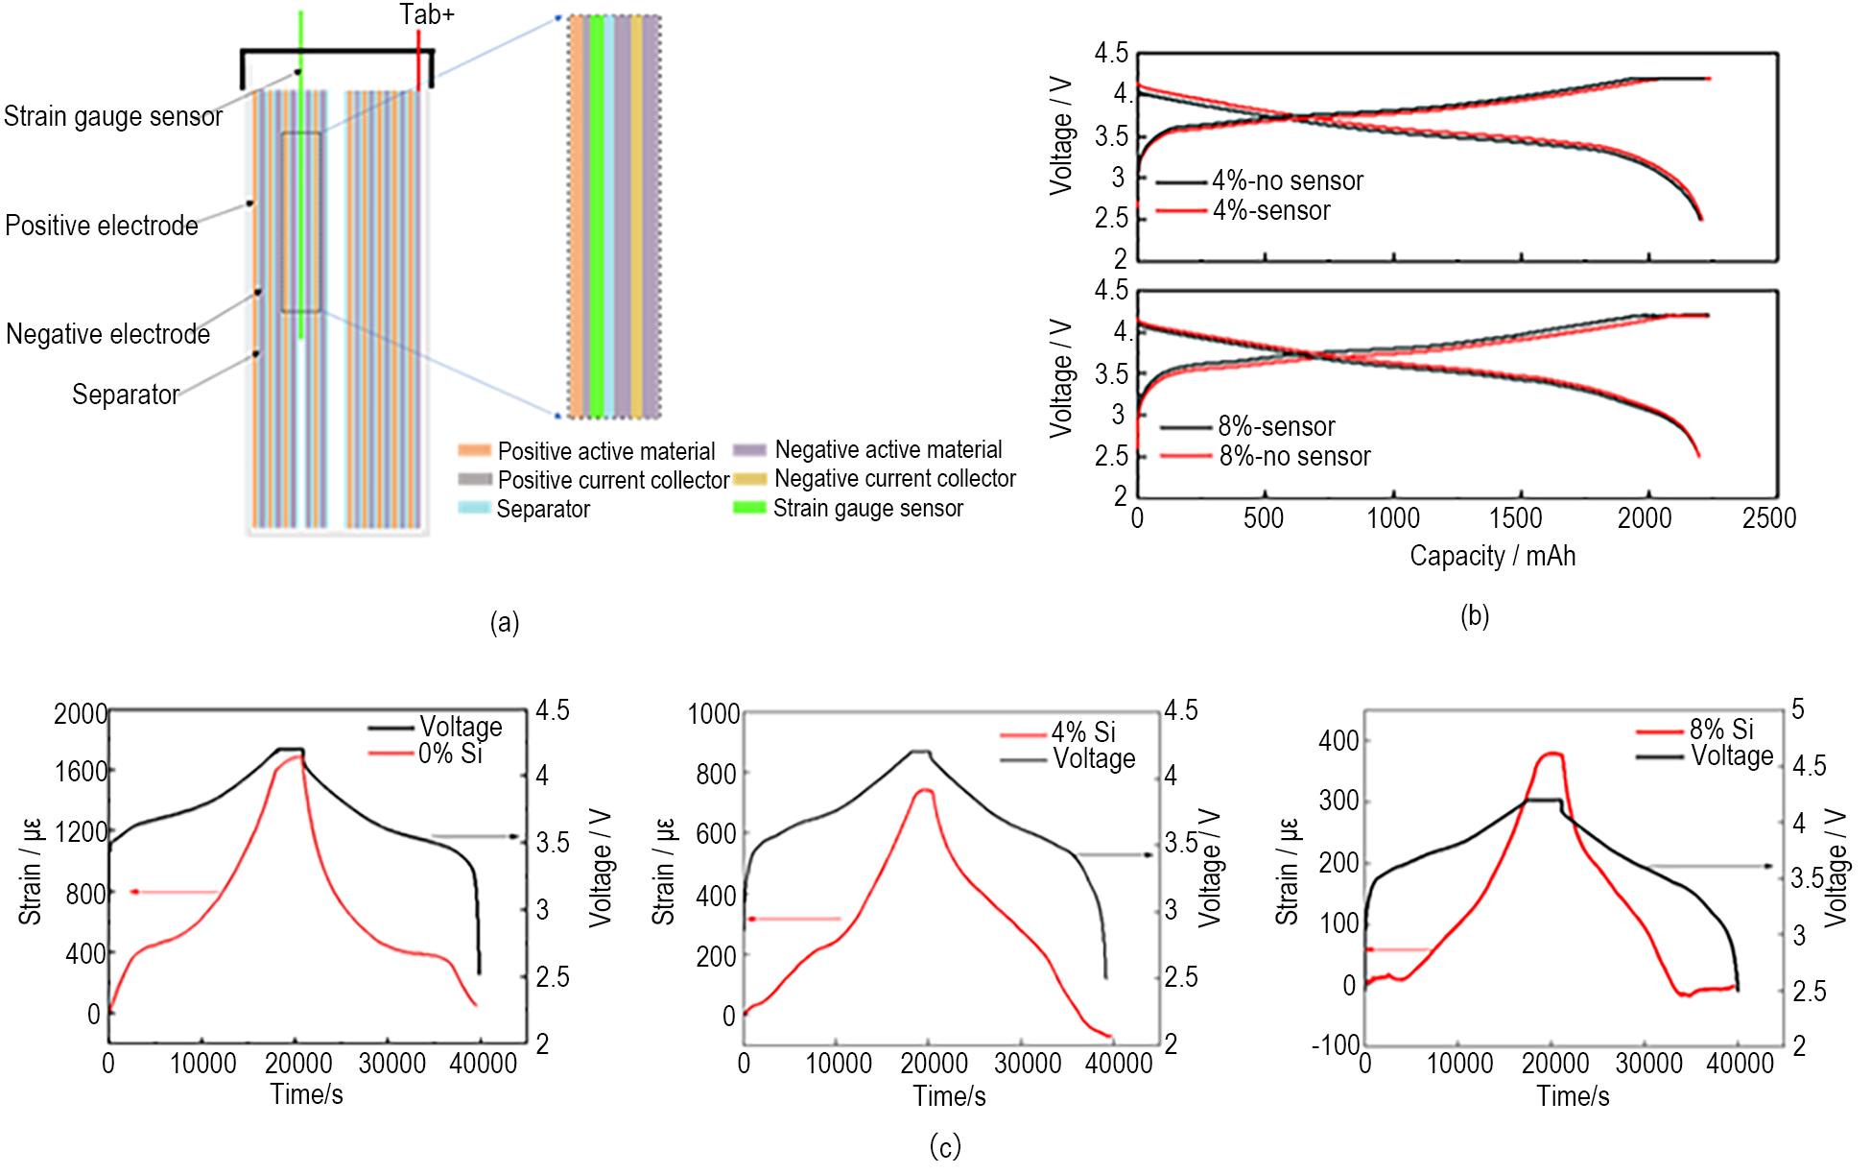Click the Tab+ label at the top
point(427,15)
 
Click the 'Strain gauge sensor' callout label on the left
point(113,117)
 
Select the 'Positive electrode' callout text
point(102,226)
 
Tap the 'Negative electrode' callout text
point(107,334)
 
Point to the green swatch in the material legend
point(748,508)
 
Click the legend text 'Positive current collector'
point(613,480)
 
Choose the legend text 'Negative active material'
point(888,449)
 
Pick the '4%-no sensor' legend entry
point(1287,180)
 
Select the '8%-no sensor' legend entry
point(1294,456)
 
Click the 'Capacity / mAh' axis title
point(1492,556)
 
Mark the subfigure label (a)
point(504,623)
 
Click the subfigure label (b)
point(1474,616)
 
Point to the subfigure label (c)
point(945,1146)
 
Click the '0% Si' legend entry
point(450,754)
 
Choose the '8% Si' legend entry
point(1721,729)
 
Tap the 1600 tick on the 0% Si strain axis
point(81,771)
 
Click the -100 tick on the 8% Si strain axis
point(1336,1044)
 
